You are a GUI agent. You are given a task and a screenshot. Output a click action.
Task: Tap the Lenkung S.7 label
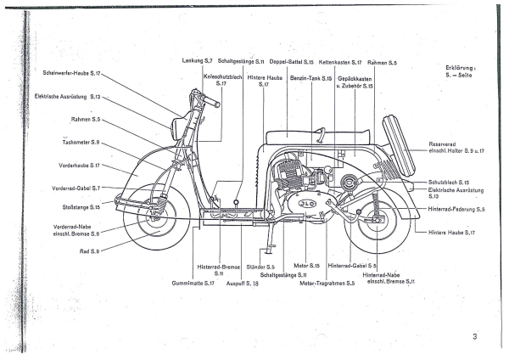click(198, 61)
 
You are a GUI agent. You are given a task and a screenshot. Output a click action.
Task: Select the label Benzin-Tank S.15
click(310, 77)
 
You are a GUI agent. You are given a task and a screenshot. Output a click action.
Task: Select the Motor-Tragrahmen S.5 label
click(327, 282)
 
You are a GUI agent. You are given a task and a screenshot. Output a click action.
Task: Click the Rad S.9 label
click(90, 251)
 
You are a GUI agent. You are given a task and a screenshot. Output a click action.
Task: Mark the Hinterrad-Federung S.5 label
click(456, 208)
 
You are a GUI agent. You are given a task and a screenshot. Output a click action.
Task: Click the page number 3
click(476, 337)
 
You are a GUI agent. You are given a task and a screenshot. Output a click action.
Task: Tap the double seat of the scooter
click(317, 136)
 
